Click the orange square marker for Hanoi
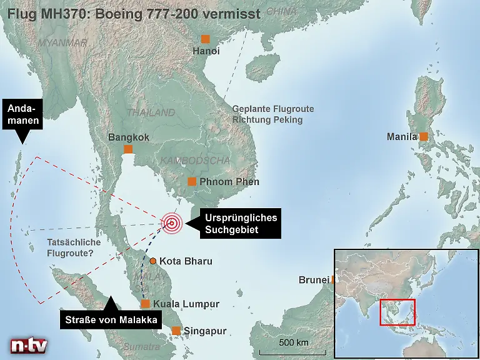click(205, 39)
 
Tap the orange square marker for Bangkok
click(128, 149)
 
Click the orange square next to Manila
click(424, 136)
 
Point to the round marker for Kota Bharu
click(152, 261)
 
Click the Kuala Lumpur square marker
click(145, 304)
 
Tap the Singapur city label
click(205, 331)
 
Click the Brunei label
click(314, 280)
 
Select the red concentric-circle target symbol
click(171, 222)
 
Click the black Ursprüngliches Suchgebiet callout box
click(240, 224)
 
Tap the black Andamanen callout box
click(23, 114)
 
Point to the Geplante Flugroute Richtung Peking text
click(272, 114)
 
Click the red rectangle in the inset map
click(397, 312)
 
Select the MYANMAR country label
click(62, 43)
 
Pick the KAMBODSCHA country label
click(196, 161)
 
